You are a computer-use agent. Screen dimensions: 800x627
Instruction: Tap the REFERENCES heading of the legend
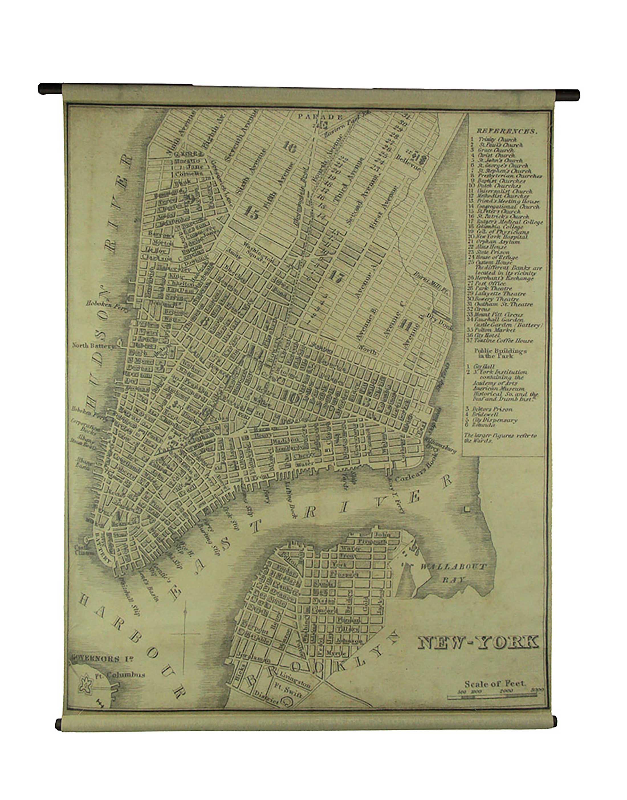click(507, 131)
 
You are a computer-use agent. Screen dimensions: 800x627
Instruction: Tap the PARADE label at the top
click(321, 117)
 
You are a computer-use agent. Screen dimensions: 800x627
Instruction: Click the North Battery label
click(93, 345)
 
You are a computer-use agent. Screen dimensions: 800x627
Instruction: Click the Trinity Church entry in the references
click(502, 140)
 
